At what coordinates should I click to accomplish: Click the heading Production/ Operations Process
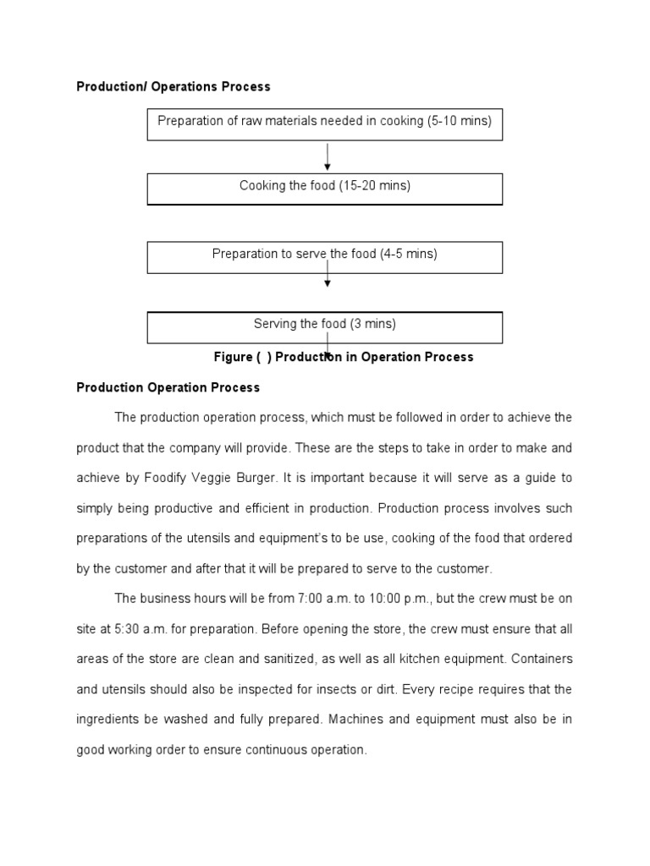(174, 86)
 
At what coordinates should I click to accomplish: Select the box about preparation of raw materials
(324, 123)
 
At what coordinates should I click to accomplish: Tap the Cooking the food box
(324, 189)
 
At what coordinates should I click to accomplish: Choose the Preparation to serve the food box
(324, 257)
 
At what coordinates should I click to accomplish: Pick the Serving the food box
(324, 326)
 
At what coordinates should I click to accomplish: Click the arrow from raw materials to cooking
(328, 156)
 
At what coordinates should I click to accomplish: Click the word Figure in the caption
(232, 357)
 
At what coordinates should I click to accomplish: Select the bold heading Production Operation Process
(168, 387)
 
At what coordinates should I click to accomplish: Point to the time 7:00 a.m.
(319, 599)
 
